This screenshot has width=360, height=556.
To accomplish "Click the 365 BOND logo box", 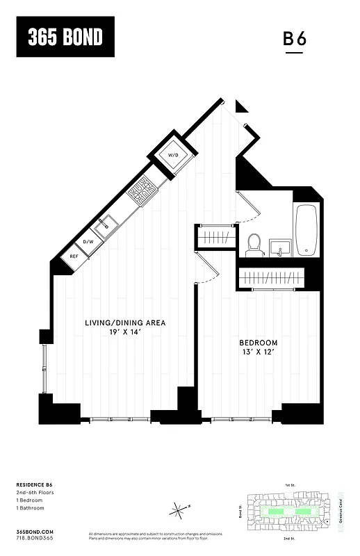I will (65, 37).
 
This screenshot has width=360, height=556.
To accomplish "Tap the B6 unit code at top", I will (294, 39).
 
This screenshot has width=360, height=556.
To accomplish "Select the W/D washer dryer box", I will (172, 154).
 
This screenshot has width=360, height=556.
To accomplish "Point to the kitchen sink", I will (108, 224).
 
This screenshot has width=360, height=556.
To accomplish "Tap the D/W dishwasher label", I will (88, 242).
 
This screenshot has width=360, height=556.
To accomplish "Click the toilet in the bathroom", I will (254, 244).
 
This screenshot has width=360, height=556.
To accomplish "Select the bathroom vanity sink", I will (281, 247).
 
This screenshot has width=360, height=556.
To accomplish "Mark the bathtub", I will (306, 230).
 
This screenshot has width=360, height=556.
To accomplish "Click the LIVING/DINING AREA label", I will (125, 323).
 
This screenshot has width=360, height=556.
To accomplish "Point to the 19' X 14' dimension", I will (125, 332).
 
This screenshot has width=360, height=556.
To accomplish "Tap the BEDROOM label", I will (259, 343).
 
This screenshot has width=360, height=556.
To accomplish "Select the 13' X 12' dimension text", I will (259, 352).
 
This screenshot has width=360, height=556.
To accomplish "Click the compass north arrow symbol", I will (179, 511).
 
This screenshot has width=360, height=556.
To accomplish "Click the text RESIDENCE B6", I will (35, 484).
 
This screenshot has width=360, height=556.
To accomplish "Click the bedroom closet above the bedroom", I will (273, 278).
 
